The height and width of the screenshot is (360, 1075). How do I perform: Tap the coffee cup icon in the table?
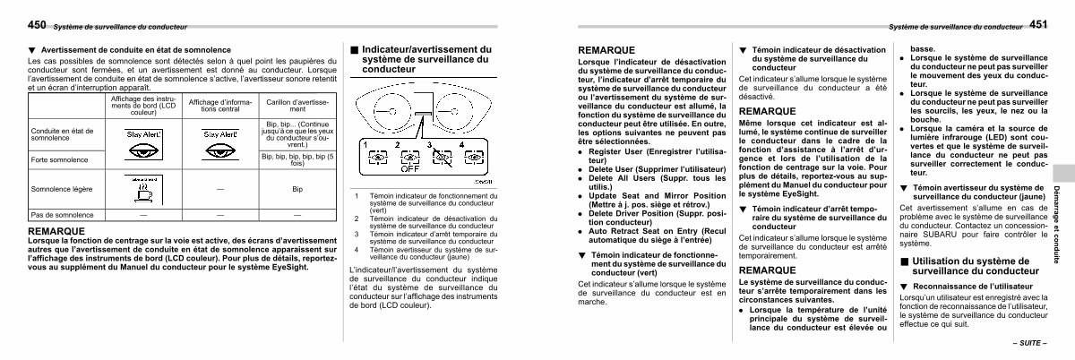point(143,189)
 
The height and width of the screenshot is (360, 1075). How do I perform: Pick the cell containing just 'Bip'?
point(297,190)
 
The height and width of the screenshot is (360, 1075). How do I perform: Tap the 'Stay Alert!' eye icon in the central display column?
point(220,139)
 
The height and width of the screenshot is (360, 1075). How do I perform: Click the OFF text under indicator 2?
point(410,167)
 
